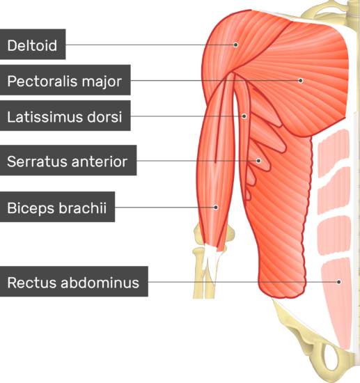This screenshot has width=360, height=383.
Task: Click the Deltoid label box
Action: pyautogui.click(x=33, y=44)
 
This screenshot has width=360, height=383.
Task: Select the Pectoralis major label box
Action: pyautogui.click(x=65, y=80)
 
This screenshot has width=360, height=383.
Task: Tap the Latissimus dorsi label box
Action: pyautogui.click(x=65, y=116)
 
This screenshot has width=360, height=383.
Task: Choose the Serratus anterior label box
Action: pyautogui.click(x=68, y=160)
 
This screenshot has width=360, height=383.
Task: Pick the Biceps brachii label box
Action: pyautogui.click(x=57, y=207)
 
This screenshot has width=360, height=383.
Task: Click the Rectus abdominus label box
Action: pyautogui.click(x=74, y=281)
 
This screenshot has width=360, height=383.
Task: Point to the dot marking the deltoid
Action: pyautogui.click(x=235, y=45)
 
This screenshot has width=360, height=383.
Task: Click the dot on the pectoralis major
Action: pyautogui.click(x=301, y=80)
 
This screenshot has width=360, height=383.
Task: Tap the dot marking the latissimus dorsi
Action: pyautogui.click(x=244, y=116)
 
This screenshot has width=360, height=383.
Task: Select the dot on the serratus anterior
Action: pyautogui.click(x=258, y=161)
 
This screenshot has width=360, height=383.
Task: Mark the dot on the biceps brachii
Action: pyautogui.click(x=216, y=208)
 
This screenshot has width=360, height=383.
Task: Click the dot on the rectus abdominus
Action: pyautogui.click(x=338, y=282)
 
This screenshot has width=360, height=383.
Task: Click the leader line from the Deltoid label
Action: pyautogui.click(x=150, y=45)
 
